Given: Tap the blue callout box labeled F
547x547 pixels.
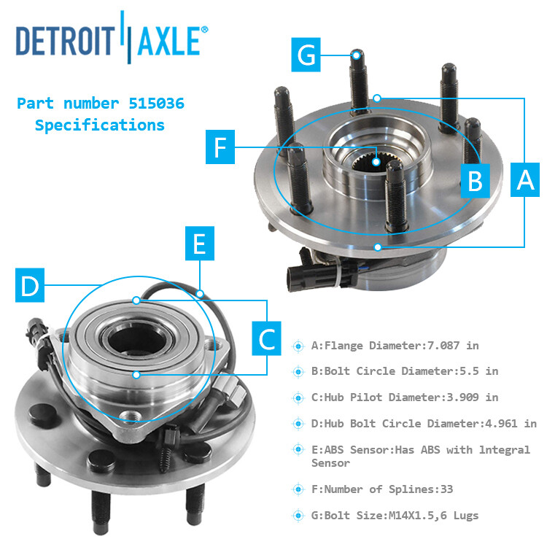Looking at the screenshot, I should point(220,149).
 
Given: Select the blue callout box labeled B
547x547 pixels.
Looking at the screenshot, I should point(476,179).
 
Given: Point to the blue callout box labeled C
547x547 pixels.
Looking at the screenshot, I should point(267,337).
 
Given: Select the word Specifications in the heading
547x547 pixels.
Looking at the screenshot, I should point(100,125).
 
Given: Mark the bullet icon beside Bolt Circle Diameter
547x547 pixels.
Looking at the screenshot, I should point(298,371).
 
